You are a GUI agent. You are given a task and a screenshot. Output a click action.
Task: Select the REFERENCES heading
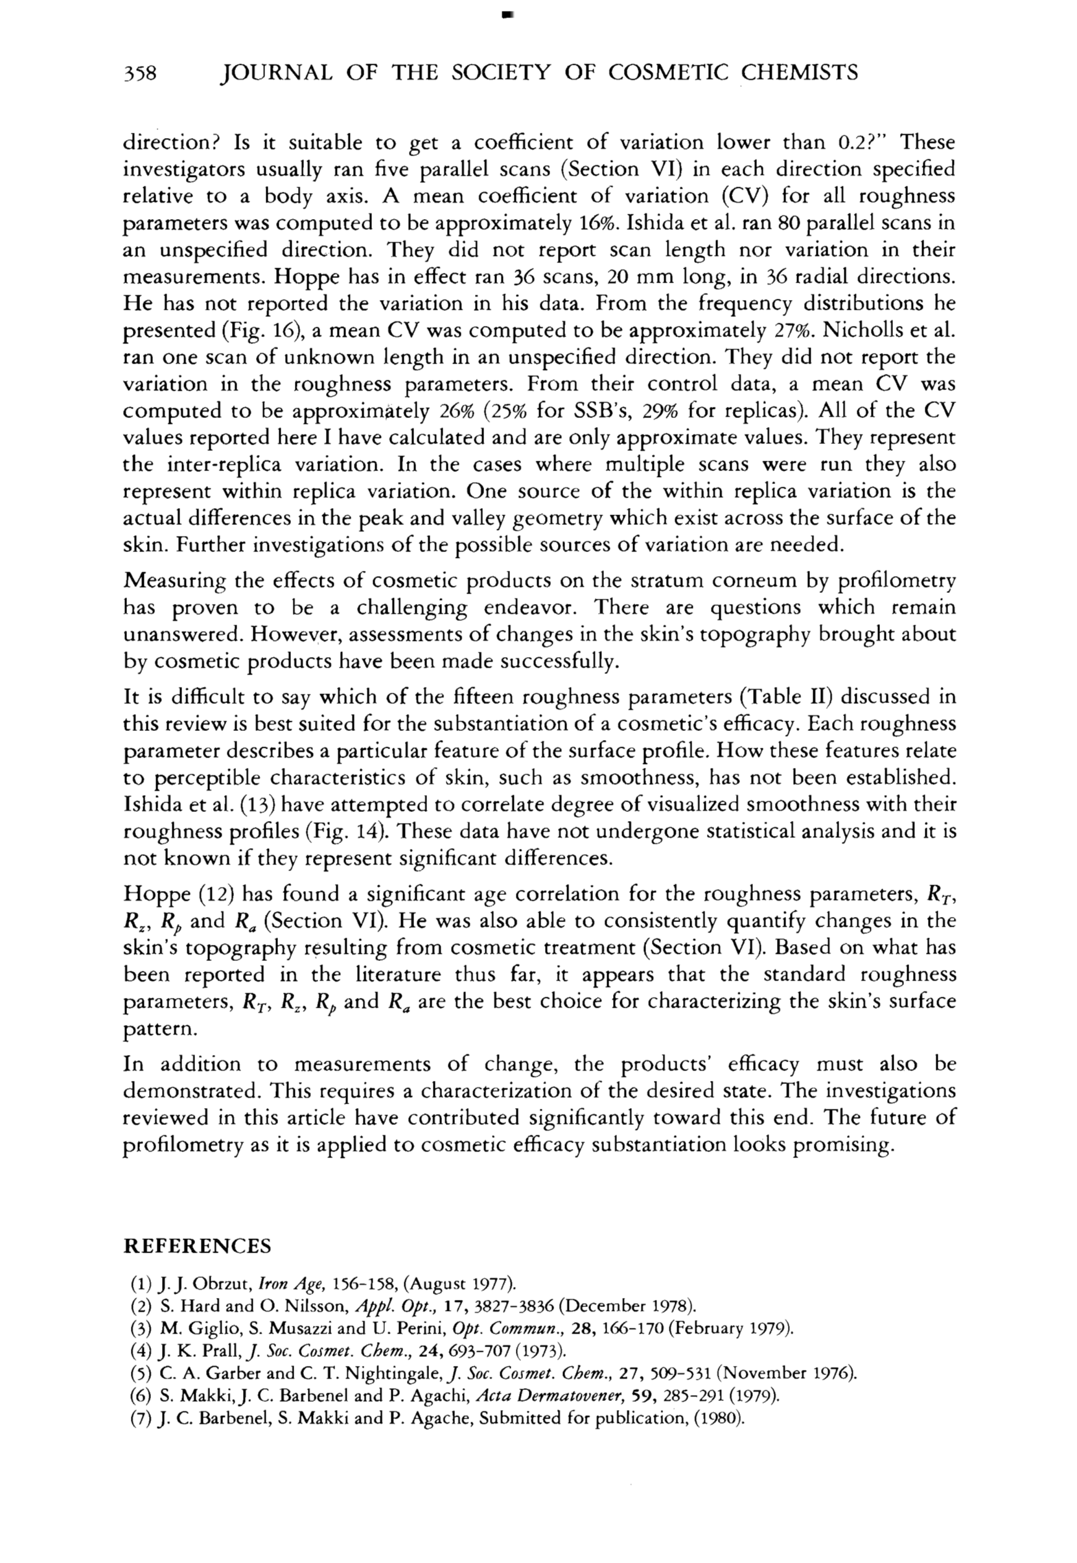click(x=197, y=1246)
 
